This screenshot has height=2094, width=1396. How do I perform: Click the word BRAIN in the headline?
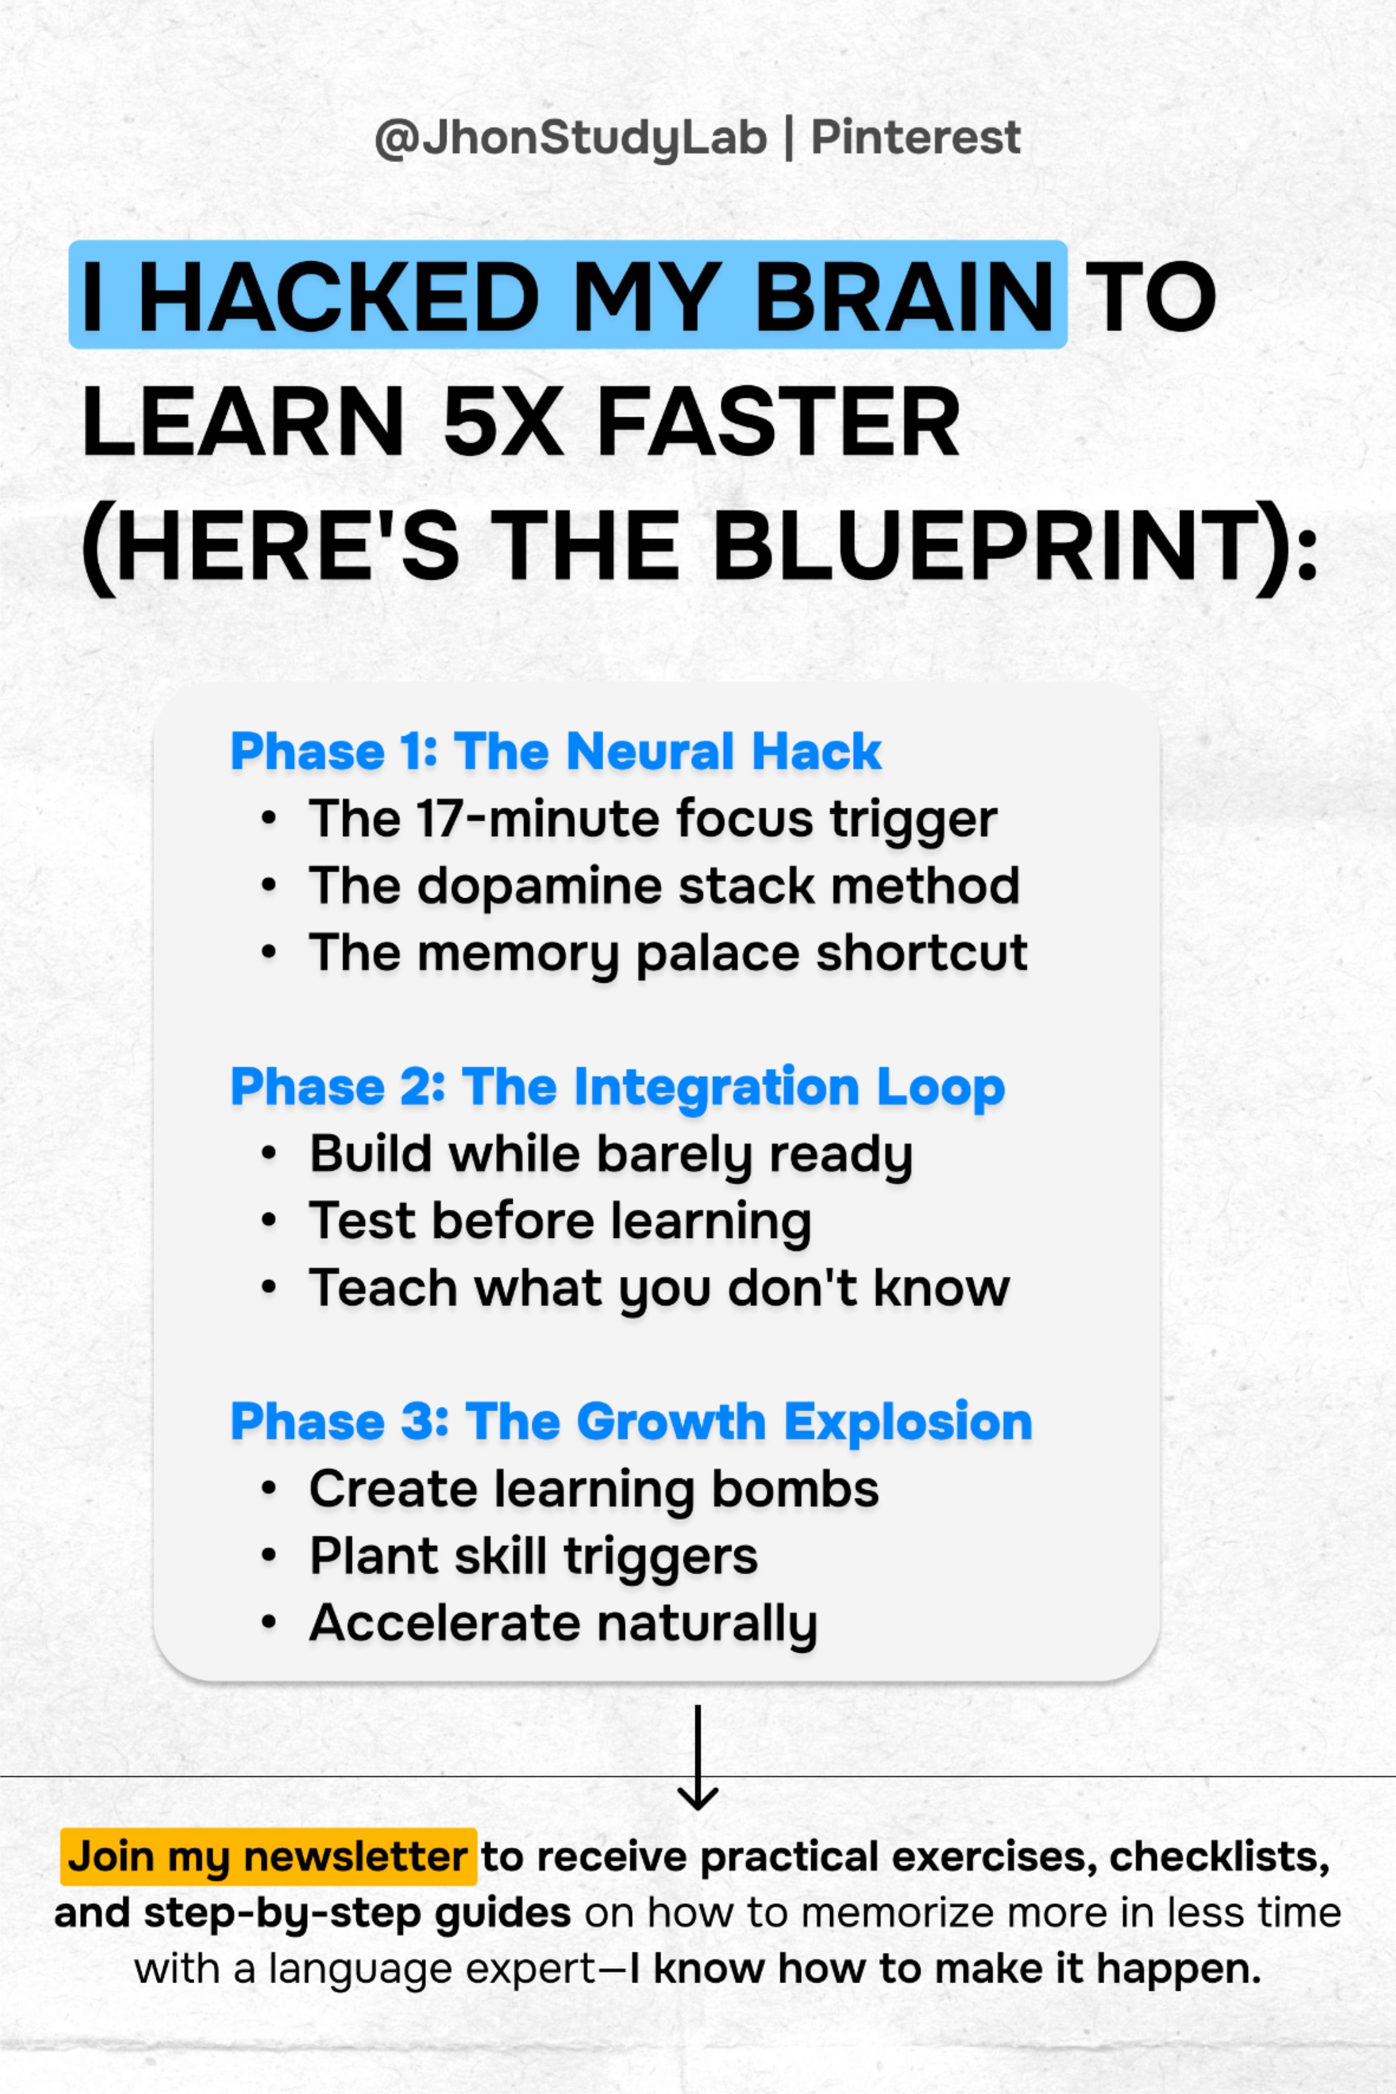pyautogui.click(x=905, y=297)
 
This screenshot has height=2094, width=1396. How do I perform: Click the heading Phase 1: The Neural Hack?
pyautogui.click(x=556, y=752)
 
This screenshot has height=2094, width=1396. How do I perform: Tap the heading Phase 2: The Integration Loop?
pyautogui.click(x=617, y=1088)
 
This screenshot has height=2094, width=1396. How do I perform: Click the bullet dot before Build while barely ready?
pyautogui.click(x=269, y=1154)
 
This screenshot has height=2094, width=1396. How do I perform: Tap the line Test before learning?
pyautogui.click(x=560, y=1221)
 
